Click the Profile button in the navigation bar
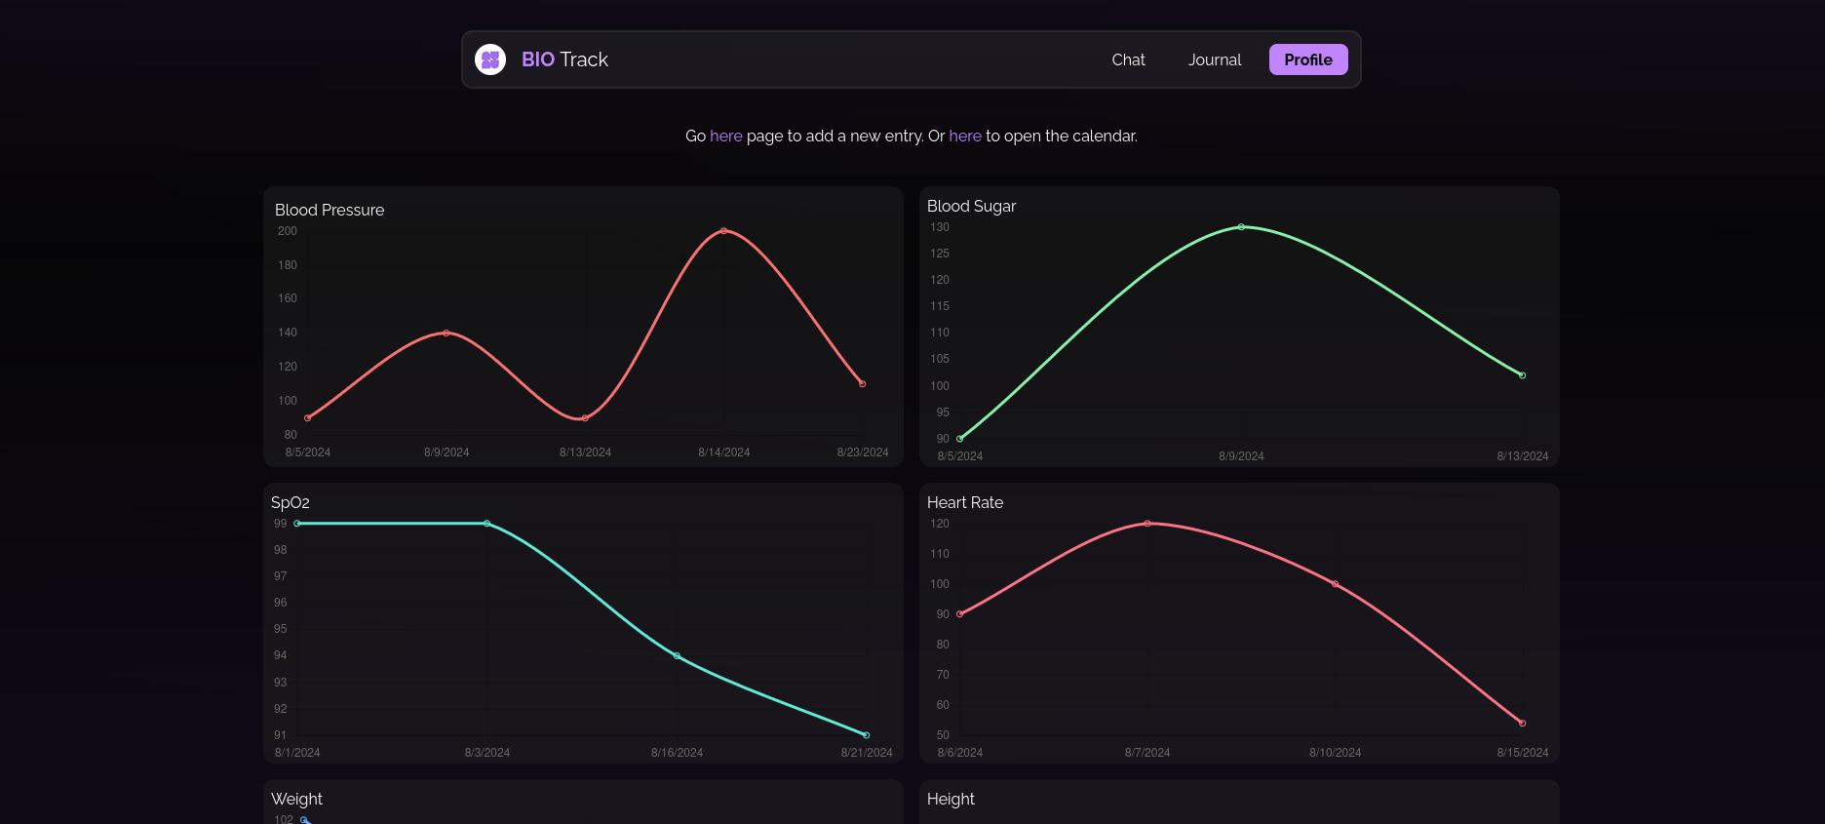(x=1307, y=59)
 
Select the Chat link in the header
(x=1128, y=59)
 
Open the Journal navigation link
(x=1214, y=59)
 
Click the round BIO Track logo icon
(x=490, y=59)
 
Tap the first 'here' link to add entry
(x=725, y=136)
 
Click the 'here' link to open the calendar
(x=964, y=136)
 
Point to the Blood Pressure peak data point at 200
(x=723, y=231)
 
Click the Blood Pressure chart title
(x=330, y=210)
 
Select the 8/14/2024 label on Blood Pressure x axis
(x=723, y=452)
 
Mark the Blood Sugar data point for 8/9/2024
(x=1241, y=227)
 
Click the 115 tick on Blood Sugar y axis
(x=939, y=306)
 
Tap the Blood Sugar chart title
(x=971, y=206)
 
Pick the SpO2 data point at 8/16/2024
(x=677, y=655)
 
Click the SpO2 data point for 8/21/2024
(x=867, y=735)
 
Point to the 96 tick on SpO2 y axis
(x=280, y=603)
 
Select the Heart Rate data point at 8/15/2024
(x=1523, y=724)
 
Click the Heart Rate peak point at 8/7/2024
(x=1147, y=524)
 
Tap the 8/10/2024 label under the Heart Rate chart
(x=1335, y=753)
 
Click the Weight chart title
(x=296, y=799)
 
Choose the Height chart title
(x=951, y=799)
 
